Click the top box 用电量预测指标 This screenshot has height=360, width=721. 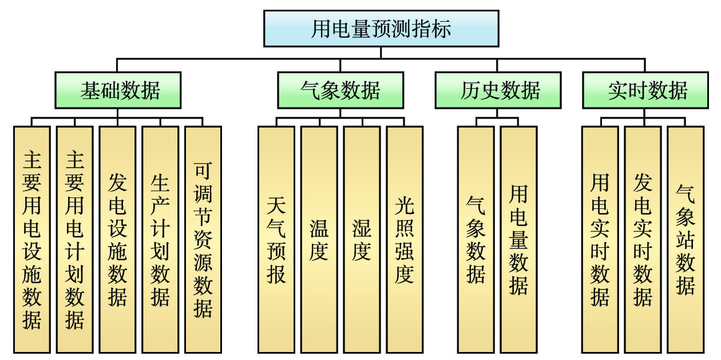pyautogui.click(x=381, y=28)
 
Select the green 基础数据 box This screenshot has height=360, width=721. pyautogui.click(x=118, y=90)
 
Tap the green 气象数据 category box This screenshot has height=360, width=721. pyautogui.click(x=340, y=90)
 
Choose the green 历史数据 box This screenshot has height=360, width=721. pyautogui.click(x=498, y=90)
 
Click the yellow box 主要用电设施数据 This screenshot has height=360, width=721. pyautogui.click(x=32, y=239)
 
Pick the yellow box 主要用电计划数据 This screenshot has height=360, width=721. pyautogui.click(x=74, y=239)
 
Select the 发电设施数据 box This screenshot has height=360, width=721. pyautogui.click(x=117, y=239)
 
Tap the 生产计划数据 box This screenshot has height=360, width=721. pyautogui.click(x=160, y=239)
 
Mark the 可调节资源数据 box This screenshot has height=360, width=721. pyautogui.click(x=203, y=239)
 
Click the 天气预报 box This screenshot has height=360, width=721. pyautogui.click(x=276, y=239)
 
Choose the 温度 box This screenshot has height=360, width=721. pyautogui.click(x=319, y=239)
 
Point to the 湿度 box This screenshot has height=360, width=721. pyautogui.click(x=362, y=239)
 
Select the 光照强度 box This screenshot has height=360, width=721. pyautogui.click(x=405, y=239)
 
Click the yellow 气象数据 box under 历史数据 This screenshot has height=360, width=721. pyautogui.click(x=476, y=239)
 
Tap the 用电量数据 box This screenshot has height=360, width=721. pyautogui.click(x=518, y=239)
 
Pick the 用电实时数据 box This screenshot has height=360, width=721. pyautogui.click(x=600, y=239)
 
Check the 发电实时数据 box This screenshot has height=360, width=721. pyautogui.click(x=643, y=239)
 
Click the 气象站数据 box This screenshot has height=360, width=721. pyautogui.click(x=686, y=239)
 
